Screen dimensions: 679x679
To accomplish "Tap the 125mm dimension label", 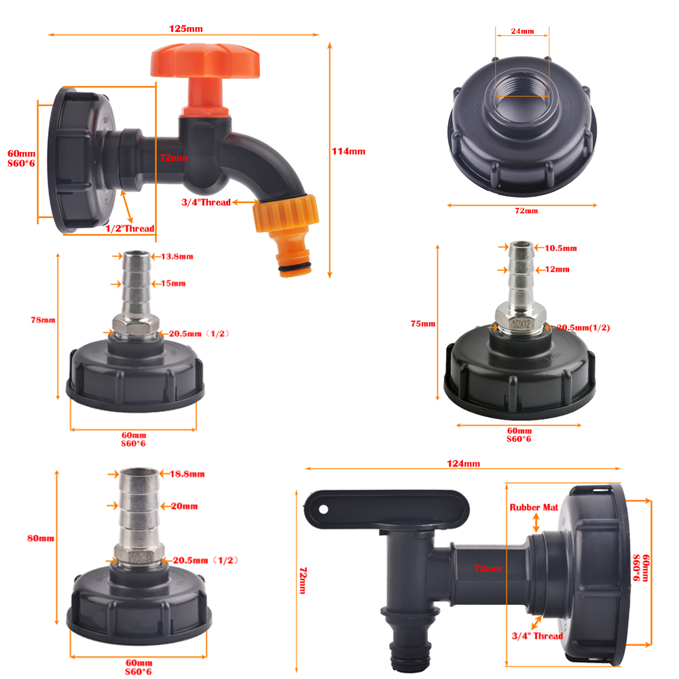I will pos(186,29).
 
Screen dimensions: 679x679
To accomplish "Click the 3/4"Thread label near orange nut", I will pos(206,202).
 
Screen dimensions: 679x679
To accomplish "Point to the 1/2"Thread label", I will pos(130,228).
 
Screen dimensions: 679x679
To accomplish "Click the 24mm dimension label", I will pos(522,31).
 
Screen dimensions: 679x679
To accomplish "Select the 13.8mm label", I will pos(177,256).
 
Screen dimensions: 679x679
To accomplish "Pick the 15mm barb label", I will pos(174,282).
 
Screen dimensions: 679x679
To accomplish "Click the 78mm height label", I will pos(43,320).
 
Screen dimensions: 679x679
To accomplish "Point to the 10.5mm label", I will pos(561,248).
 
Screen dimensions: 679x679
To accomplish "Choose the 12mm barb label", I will pos(557,270).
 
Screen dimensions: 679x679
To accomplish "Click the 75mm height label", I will pos(423,323).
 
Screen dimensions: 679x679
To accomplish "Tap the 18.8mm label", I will pos(187,473).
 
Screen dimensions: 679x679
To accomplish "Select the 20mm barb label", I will pos(184,506).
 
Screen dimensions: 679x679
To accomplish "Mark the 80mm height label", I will pos(41,538).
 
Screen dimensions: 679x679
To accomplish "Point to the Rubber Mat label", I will pos(534,507).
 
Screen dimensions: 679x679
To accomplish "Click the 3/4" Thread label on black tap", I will pos(537,636).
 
